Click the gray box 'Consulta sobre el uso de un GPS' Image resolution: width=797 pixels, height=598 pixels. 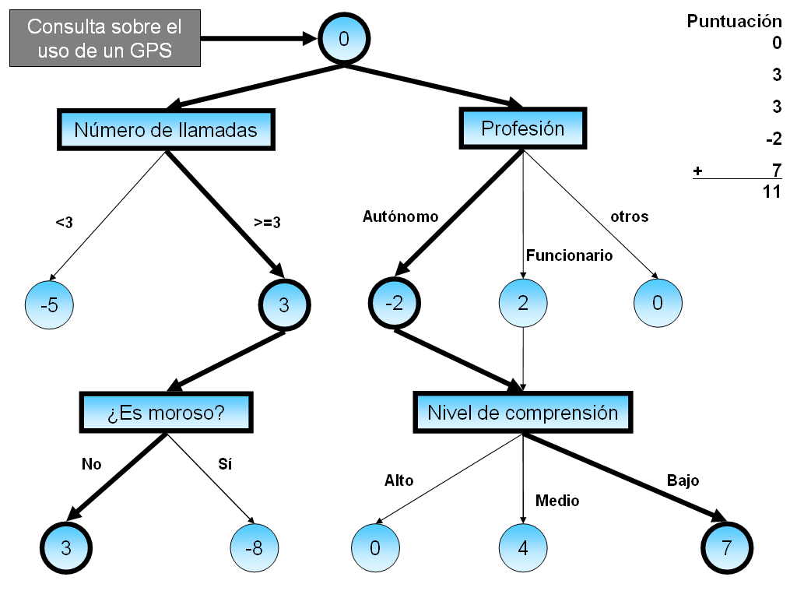tap(104, 38)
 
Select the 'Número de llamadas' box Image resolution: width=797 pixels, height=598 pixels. tap(166, 130)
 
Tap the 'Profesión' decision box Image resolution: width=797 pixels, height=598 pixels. tap(523, 128)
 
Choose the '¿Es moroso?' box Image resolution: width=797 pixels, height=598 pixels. tap(166, 413)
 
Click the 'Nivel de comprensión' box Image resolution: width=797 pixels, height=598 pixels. tap(522, 413)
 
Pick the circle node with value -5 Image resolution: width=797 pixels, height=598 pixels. tap(49, 305)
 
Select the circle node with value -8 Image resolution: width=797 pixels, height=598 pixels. tap(254, 547)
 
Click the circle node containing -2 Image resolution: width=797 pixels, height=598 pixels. tap(394, 304)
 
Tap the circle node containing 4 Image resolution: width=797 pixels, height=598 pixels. tap(523, 547)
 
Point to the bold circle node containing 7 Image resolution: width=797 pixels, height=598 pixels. tap(727, 547)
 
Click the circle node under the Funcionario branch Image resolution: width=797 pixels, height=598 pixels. tap(523, 304)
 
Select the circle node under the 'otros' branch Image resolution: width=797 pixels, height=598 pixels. tap(658, 304)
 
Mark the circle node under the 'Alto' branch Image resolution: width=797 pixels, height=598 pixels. tap(374, 547)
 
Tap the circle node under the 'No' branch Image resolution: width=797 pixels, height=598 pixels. tap(66, 547)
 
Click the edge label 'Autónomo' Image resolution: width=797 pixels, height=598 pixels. tap(400, 216)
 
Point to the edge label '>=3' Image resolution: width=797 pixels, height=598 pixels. tap(267, 223)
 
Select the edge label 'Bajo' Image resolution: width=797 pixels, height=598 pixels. tap(683, 480)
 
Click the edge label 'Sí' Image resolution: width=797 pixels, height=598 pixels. tap(225, 465)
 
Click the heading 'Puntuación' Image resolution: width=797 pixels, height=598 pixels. tap(734, 22)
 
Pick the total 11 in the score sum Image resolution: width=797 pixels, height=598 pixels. tap(771, 192)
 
